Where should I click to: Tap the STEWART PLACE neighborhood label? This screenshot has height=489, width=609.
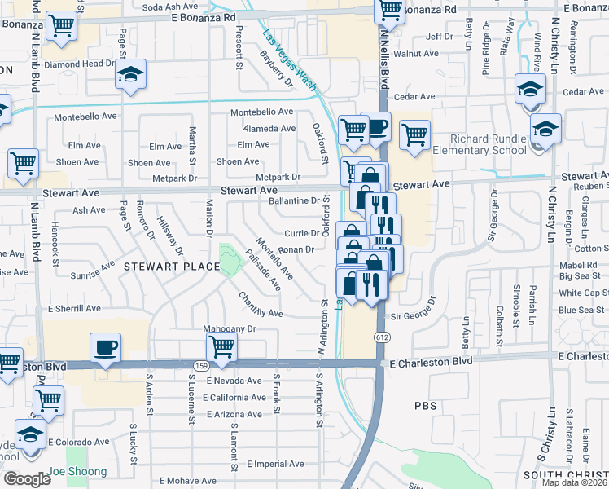(x=160, y=267)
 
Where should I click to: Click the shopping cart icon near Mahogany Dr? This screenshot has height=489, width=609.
(x=222, y=347)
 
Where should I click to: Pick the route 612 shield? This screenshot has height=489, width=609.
(x=380, y=337)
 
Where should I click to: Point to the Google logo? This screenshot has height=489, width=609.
(x=27, y=479)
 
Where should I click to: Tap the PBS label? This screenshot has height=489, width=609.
(x=426, y=405)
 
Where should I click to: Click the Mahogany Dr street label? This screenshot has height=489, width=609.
(x=230, y=329)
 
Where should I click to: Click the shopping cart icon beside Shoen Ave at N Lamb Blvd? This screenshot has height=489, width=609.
(x=23, y=163)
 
